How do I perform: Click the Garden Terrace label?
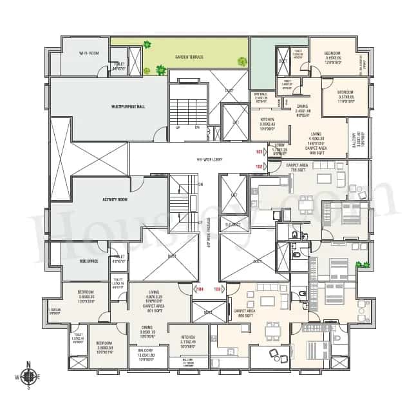point(189,57)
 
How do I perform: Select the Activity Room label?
point(113,200)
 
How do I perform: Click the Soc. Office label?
point(88,261)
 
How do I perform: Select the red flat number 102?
point(260,166)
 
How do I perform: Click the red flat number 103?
point(217,288)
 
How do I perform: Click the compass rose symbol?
point(28,377)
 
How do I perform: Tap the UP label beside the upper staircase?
point(178,127)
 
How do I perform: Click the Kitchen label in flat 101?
point(267,119)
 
